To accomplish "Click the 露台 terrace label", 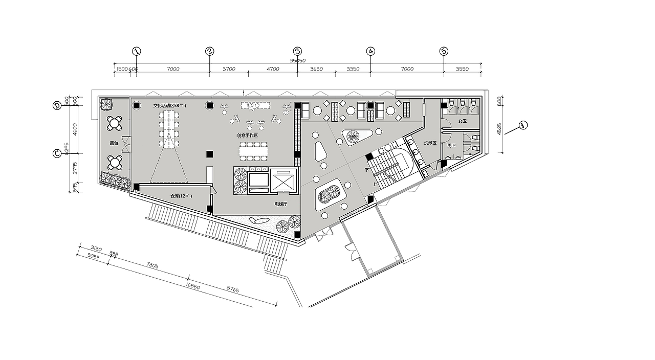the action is (114, 144).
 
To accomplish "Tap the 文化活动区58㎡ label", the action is (170, 106).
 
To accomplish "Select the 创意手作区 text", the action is (248, 136).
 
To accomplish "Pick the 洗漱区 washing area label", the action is (430, 143).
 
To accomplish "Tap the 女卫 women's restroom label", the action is (463, 121).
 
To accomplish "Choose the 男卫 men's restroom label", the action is (451, 146).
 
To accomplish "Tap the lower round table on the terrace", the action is (115, 163).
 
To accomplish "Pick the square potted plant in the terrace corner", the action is (106, 104).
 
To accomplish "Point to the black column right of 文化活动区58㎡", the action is (209, 105).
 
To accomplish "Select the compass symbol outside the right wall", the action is (523, 124).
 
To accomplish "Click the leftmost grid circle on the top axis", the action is (136, 51).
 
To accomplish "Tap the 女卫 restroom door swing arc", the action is (445, 124).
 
